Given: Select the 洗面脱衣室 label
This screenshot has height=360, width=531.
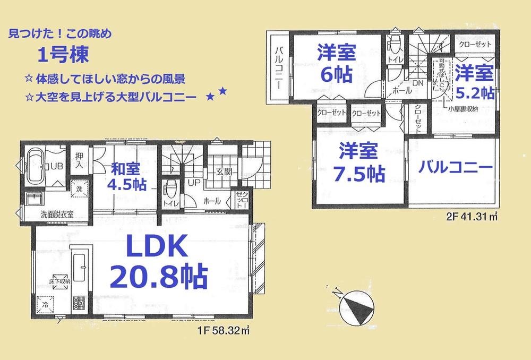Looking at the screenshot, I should pos(57,215).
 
